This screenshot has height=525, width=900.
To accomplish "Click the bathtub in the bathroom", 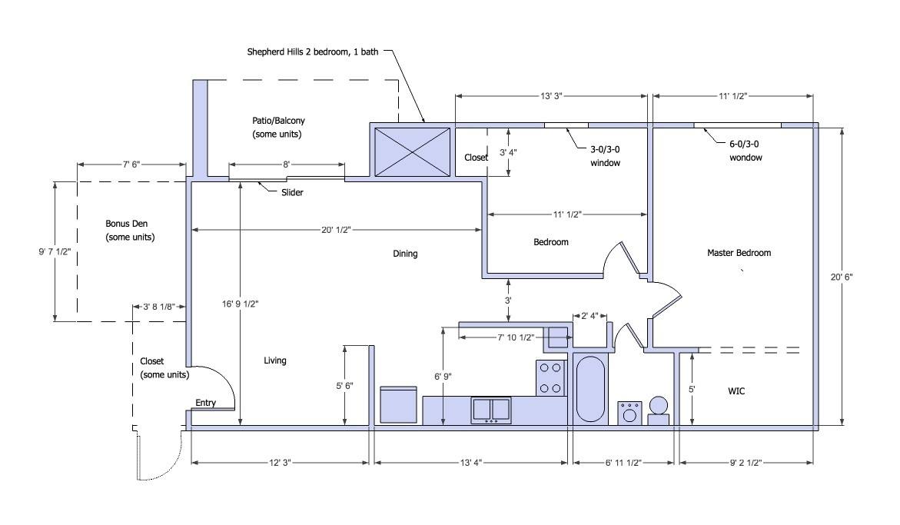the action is [x=590, y=389].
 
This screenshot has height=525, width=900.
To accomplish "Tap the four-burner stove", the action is [x=550, y=377].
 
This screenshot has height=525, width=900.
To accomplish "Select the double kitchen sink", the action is [x=491, y=410].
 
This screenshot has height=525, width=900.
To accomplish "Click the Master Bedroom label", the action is [x=739, y=252].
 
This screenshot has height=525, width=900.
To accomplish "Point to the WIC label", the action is [x=736, y=391].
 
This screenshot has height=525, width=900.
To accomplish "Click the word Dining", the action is [x=405, y=254].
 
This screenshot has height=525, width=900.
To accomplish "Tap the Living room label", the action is [x=275, y=361].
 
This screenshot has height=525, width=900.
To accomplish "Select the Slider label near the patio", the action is [x=292, y=192].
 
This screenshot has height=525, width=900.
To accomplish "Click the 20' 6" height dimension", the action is [x=842, y=277].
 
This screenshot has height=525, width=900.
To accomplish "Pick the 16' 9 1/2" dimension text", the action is [x=241, y=304].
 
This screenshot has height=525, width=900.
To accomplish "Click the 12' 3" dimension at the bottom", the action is [x=280, y=463].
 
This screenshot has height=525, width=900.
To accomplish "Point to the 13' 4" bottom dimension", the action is [x=471, y=463].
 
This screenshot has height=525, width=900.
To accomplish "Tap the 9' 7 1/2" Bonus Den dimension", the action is [x=55, y=251].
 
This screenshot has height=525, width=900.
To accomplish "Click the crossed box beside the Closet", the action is [x=412, y=152].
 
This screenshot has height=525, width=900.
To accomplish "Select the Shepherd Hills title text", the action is [x=313, y=52].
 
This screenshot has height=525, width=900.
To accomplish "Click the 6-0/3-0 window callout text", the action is [x=746, y=151].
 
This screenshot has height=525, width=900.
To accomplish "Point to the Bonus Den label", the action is [x=130, y=230].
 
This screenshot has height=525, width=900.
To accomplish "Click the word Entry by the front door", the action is [x=205, y=403].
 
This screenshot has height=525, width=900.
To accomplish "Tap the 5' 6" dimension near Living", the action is [x=344, y=386].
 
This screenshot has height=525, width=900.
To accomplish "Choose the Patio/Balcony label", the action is [x=278, y=128].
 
